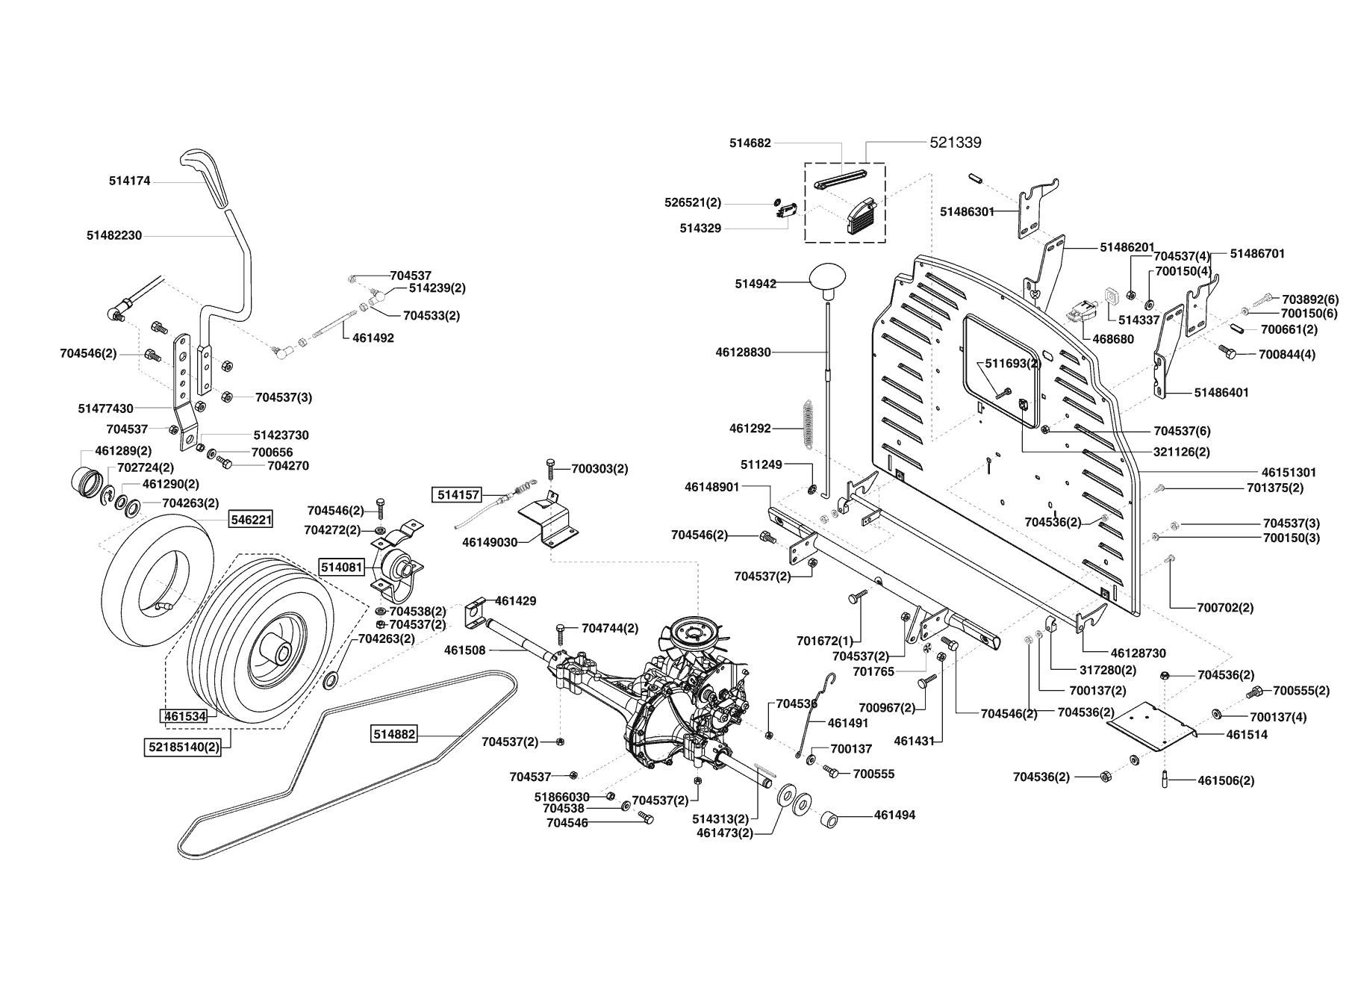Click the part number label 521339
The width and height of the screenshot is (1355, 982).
[x=955, y=142]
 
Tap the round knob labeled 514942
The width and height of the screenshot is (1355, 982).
[x=829, y=278]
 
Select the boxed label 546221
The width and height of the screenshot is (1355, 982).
[x=251, y=518]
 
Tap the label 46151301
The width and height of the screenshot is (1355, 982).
[x=1289, y=473]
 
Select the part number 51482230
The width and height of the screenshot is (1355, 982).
[x=113, y=235]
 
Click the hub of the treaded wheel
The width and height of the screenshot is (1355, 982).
[x=281, y=653]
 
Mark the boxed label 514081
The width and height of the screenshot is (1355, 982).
[x=342, y=568]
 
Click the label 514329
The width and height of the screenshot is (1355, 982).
[x=700, y=229]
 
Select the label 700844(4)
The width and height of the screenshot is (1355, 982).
[x=1287, y=355]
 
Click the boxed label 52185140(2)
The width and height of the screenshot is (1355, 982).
[x=184, y=747]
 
